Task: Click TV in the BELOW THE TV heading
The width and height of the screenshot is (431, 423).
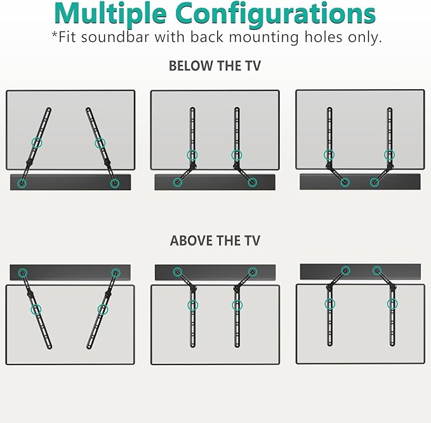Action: point(251,66)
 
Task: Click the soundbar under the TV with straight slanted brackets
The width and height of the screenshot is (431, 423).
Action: point(70,182)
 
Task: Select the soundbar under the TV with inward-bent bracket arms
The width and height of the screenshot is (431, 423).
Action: point(360,182)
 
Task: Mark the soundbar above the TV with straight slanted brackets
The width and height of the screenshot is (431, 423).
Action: point(70,272)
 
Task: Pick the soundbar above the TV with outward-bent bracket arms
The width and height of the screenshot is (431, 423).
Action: point(215,272)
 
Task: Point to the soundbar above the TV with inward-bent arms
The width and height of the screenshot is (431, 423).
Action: point(360,271)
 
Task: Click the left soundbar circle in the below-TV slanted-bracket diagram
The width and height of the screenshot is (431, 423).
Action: point(23,183)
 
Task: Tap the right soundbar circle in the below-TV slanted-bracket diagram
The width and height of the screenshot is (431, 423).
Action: point(115,183)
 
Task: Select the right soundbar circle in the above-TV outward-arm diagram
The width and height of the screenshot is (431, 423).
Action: point(253,272)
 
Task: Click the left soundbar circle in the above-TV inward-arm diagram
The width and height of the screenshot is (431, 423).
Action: point(345,270)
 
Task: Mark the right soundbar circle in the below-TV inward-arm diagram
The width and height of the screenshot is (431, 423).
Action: point(375,183)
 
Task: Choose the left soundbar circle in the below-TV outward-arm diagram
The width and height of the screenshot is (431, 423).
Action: point(178,183)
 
